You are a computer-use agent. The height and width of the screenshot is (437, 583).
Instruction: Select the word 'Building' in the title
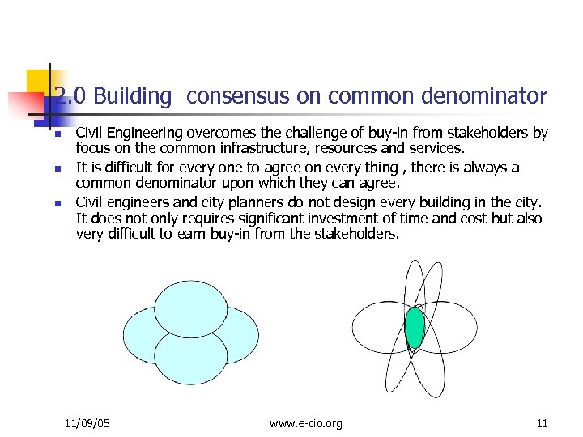(x=133, y=97)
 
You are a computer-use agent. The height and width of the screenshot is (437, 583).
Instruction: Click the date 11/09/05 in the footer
(x=87, y=423)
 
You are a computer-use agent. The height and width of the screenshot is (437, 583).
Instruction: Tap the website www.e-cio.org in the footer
(x=305, y=423)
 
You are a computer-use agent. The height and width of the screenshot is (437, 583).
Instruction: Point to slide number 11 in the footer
(x=542, y=423)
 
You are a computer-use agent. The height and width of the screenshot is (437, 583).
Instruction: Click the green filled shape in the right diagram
(x=415, y=327)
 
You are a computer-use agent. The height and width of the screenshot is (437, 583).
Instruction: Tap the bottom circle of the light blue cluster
(x=191, y=359)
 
